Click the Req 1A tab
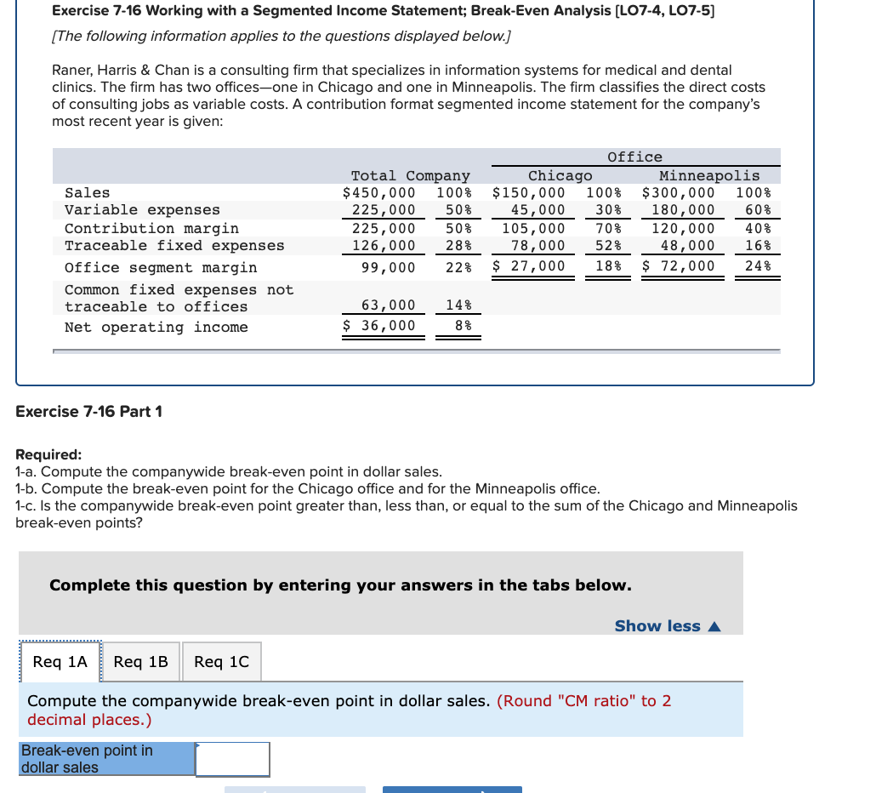tap(60, 662)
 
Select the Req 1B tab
tap(140, 662)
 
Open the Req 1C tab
tap(221, 662)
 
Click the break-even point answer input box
tap(233, 759)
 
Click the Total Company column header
tap(410, 176)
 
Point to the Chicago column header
tap(560, 176)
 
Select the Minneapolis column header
tap(709, 176)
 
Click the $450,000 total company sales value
tap(379, 193)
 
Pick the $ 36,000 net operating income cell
tap(379, 326)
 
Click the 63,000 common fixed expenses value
tap(389, 305)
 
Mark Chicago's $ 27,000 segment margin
tap(529, 266)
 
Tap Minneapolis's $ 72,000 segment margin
tap(679, 266)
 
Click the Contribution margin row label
tap(151, 228)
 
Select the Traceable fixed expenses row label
tap(174, 246)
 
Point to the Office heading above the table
tap(634, 157)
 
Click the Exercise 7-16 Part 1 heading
tap(88, 412)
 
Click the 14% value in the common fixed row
tap(458, 305)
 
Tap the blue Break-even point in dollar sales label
tap(107, 759)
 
